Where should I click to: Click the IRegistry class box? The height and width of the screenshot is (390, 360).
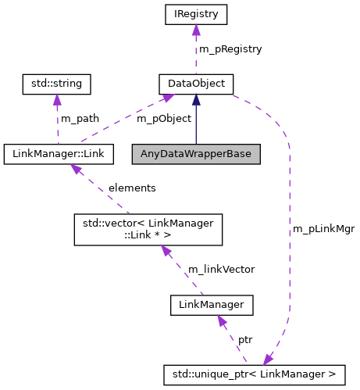tap(196, 13)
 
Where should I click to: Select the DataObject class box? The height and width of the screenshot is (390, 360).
tap(196, 83)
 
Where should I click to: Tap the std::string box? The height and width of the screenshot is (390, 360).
tap(55, 83)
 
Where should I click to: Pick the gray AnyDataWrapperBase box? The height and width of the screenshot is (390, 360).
tap(196, 154)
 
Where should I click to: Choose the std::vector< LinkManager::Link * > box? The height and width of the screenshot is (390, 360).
tap(148, 229)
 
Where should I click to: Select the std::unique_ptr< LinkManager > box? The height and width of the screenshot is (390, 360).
tap(254, 374)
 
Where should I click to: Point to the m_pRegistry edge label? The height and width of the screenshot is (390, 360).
tap(230, 48)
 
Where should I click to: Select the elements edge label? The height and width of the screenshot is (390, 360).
tap(132, 188)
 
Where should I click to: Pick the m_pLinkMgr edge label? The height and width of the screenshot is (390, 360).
tap(323, 229)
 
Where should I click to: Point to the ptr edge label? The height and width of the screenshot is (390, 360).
tap(245, 341)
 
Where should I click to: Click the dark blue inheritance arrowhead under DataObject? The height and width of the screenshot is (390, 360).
tap(196, 98)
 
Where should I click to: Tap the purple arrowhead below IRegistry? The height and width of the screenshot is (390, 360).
tap(196, 30)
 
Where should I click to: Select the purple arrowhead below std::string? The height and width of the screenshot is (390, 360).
tap(55, 99)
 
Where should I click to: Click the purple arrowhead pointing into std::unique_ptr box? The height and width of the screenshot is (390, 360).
tap(269, 359)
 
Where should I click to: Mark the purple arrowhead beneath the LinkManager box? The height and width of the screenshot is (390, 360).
tap(223, 320)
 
